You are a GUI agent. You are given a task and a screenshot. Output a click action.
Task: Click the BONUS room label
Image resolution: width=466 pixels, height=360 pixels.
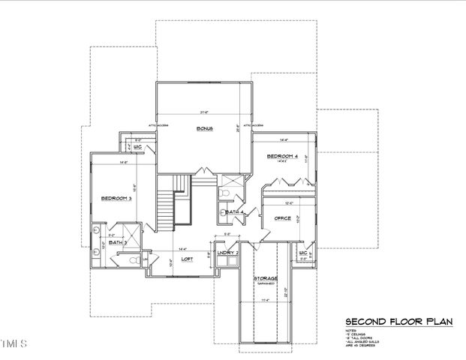click(205, 129)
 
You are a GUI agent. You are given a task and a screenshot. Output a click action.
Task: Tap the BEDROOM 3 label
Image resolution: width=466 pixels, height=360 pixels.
click(117, 199)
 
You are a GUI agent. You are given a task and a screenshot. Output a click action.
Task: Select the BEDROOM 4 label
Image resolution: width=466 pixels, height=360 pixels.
click(283, 157)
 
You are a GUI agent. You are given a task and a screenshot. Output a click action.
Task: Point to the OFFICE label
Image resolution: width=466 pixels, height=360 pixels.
click(282, 218)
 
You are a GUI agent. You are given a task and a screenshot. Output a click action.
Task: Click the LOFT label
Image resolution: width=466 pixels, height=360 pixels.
click(188, 259)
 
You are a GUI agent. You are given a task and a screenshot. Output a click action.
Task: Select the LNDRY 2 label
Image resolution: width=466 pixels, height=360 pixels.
click(227, 253)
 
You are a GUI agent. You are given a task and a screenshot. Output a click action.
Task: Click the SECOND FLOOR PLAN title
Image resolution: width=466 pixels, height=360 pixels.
click(398, 322)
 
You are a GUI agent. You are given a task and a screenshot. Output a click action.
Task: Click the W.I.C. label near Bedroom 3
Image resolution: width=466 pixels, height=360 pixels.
click(138, 147)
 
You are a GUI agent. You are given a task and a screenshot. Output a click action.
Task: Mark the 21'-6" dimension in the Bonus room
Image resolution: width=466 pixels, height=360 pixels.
click(204, 112)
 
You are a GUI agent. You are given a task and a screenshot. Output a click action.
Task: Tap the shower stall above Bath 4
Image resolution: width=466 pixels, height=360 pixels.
click(232, 181)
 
